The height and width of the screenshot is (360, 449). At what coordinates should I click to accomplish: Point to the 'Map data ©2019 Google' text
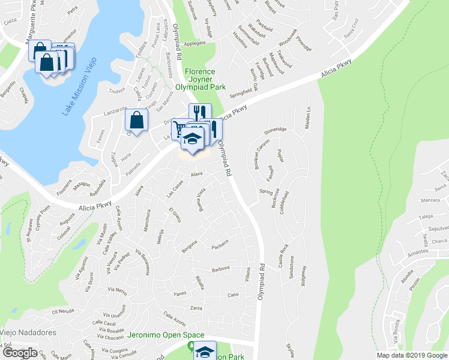(412, 355)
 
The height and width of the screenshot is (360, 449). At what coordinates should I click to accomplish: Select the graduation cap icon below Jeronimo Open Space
(205, 352)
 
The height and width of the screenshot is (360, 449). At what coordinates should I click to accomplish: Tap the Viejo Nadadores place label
(28, 332)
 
